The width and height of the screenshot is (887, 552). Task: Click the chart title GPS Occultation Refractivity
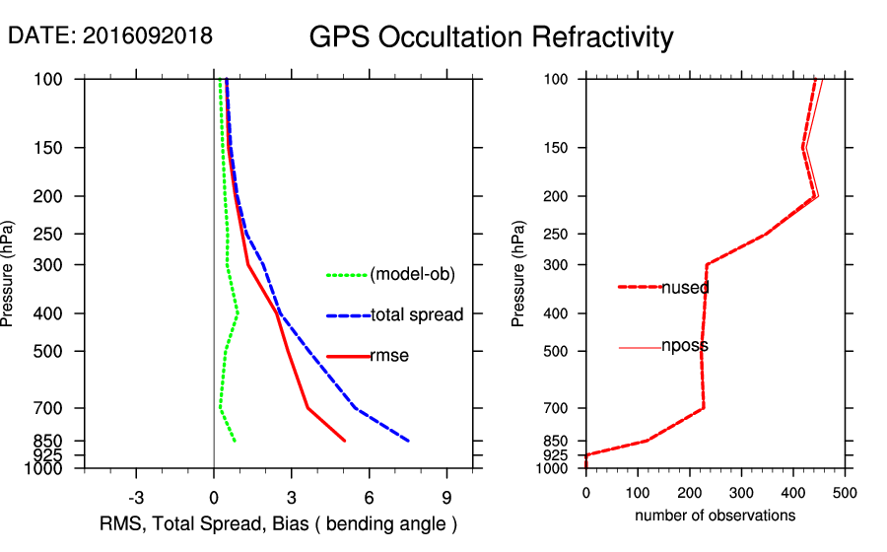[491, 37]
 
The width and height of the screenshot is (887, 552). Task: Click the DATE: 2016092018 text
[109, 35]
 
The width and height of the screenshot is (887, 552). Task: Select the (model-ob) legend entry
[412, 275]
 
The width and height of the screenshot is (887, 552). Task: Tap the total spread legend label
[417, 315]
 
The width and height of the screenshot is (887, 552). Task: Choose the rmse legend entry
[389, 356]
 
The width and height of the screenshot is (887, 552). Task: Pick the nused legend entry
[685, 288]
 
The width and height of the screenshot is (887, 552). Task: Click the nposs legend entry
[684, 347]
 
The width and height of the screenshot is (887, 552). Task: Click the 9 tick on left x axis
[446, 497]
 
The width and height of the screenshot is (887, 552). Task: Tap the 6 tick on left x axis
[369, 497]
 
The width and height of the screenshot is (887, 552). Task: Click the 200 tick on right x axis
[690, 492]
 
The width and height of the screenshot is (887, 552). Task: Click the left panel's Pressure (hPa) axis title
[11, 274]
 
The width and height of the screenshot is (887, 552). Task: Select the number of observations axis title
[715, 516]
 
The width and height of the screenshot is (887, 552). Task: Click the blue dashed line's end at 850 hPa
[408, 441]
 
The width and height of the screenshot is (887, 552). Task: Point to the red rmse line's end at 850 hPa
[344, 441]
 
